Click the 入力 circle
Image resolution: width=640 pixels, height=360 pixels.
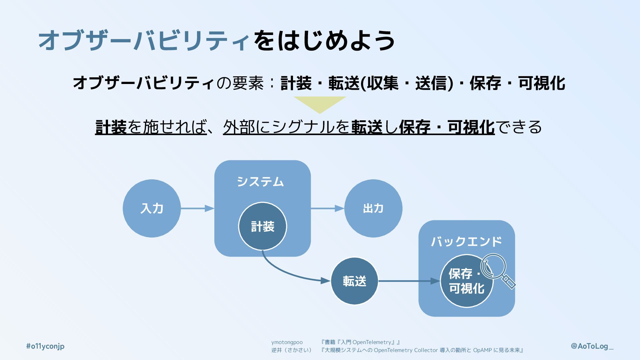152,208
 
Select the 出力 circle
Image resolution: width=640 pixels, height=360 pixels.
373,208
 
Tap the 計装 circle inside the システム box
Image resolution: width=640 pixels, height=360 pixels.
262,226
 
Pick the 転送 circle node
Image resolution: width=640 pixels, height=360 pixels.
354,281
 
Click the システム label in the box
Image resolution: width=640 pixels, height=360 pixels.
260,182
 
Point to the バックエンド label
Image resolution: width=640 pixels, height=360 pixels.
466,241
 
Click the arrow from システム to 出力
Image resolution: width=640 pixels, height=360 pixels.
327,209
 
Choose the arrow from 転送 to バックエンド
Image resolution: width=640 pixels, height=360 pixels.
409,281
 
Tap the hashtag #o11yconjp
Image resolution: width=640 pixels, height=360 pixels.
45,346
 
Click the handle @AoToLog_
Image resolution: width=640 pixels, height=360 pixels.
592,346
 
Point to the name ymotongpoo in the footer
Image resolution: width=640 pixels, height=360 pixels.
287,342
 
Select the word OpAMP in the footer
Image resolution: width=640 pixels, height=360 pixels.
482,350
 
